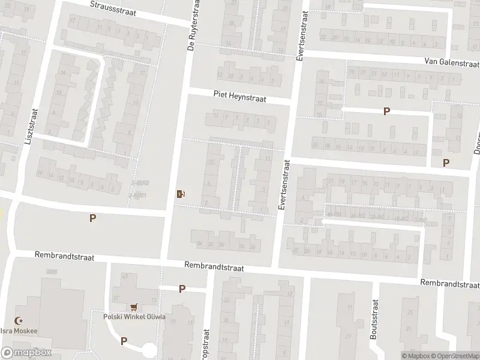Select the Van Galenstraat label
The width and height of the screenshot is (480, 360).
coord(451,62)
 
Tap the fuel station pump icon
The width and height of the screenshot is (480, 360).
coord(180,193)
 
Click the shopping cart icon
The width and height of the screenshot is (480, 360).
coord(134,306)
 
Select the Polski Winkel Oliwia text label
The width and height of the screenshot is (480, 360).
coord(134,317)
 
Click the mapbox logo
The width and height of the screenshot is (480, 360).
coord(25,353)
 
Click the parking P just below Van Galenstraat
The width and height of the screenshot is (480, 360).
coord(387,111)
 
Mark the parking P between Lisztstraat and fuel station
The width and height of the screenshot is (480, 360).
coord(92,218)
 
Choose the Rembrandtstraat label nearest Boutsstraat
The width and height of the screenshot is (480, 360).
coord(449,283)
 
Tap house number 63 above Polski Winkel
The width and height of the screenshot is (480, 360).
coord(125,276)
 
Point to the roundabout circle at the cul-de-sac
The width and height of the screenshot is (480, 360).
coord(148,350)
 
